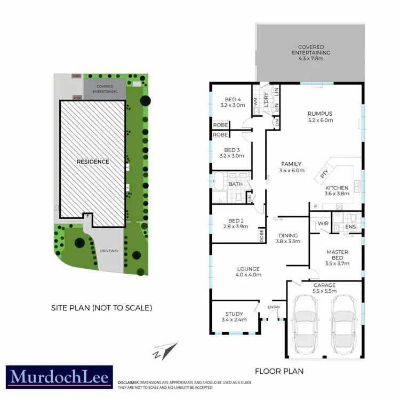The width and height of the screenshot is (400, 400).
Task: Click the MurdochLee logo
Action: [59, 377]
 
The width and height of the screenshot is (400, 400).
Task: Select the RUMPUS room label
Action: [320, 114]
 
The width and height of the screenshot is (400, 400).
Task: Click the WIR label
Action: [322, 224]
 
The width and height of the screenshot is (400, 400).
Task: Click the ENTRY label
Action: [274, 307]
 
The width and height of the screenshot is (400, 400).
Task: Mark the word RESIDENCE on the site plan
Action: [92, 161]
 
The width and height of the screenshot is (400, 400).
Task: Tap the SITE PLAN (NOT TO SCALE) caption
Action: [101, 308]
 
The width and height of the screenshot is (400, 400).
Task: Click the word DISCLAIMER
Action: [129, 383]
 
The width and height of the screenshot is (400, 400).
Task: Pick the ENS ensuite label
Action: [350, 227]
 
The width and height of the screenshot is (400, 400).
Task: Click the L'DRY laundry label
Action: [266, 100]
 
